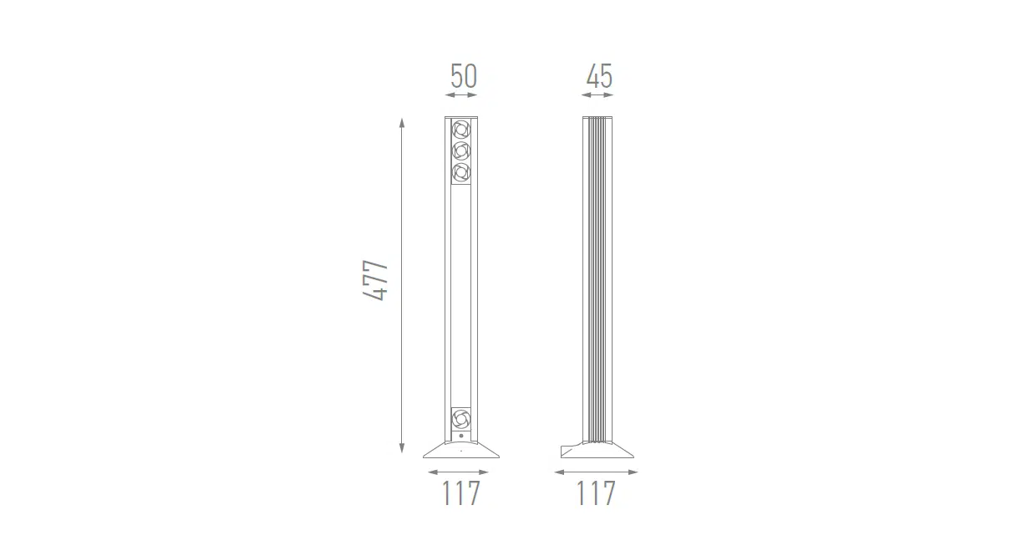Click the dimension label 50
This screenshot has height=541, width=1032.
(x=464, y=76)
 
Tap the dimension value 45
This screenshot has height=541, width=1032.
(x=599, y=76)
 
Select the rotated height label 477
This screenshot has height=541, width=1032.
(x=375, y=280)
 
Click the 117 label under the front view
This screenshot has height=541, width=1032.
(x=461, y=493)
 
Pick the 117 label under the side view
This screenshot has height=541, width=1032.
(x=596, y=493)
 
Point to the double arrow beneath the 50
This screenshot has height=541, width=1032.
(x=461, y=95)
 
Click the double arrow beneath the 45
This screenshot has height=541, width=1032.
(x=597, y=95)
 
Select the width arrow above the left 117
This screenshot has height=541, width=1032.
(x=459, y=472)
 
